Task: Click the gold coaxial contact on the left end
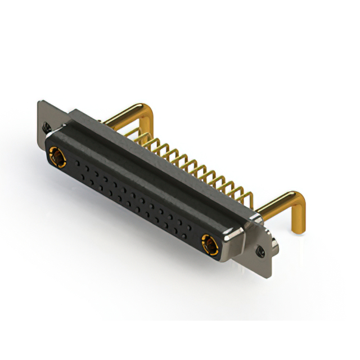pyautogui.click(x=57, y=156)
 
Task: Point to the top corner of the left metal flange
pyautogui.click(x=39, y=102)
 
